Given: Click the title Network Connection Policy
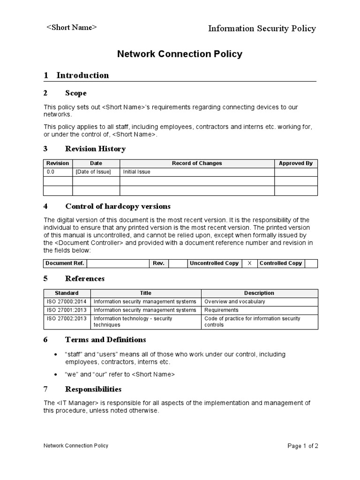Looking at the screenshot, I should (180, 54).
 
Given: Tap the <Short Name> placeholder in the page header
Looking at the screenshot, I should (71, 28).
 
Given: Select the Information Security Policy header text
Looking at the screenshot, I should (262, 29).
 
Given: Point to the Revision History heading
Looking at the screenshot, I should (95, 149).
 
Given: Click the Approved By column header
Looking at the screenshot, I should (295, 163).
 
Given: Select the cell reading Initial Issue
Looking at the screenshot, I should (136, 172).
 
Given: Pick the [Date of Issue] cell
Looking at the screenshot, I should (93, 172).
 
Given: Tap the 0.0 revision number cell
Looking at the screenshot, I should (51, 172).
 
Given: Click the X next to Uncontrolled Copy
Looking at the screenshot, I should (249, 263).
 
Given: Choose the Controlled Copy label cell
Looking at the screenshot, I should (281, 263).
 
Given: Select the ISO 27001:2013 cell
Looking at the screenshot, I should (66, 310).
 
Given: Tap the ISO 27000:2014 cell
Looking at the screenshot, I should (66, 301).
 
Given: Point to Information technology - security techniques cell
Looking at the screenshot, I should (133, 322).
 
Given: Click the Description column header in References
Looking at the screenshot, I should (259, 293).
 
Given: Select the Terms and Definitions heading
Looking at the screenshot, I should (105, 340).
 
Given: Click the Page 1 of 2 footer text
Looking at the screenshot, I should (302, 446).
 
